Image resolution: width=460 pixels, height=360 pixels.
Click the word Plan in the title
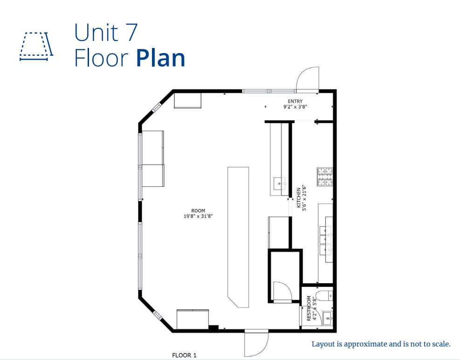pyautogui.click(x=161, y=59)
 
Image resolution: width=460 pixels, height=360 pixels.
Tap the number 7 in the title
pyautogui.click(x=130, y=33)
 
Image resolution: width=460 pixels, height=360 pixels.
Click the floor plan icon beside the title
pyautogui.click(x=36, y=47)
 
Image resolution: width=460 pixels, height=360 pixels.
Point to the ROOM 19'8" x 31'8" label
pyautogui.click(x=198, y=213)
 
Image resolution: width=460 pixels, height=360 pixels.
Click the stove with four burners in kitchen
pyautogui.click(x=325, y=177)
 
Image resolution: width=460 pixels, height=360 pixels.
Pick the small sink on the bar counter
pyautogui.click(x=280, y=183)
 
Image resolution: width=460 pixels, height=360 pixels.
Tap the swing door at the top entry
pyautogui.click(x=308, y=79)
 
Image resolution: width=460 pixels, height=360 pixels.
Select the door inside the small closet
pyautogui.click(x=282, y=292)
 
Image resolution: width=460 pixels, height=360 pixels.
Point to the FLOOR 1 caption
pyautogui.click(x=184, y=355)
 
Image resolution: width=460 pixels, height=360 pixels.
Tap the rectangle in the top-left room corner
pyautogui.click(x=187, y=101)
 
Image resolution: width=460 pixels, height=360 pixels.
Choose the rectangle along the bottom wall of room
pyautogui.click(x=192, y=319)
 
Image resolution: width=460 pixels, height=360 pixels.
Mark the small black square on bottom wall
pyautogui.click(x=213, y=328)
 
